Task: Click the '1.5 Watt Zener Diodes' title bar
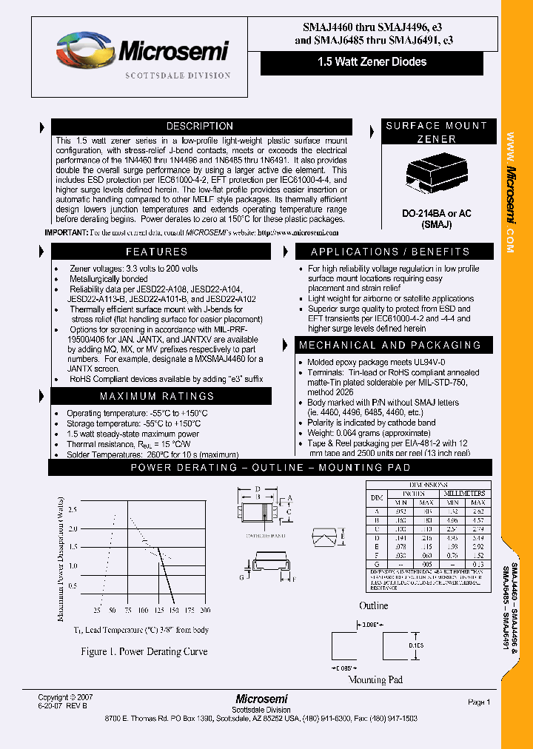point(376,62)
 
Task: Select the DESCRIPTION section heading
point(199,127)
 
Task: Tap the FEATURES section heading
point(156,252)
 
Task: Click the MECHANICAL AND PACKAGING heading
point(389,345)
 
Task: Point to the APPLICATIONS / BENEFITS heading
point(389,252)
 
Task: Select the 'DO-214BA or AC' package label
point(436,213)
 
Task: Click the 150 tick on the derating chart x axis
point(173,611)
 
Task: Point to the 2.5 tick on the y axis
point(72,510)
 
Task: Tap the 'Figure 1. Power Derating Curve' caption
point(144,652)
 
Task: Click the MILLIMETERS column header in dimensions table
point(464,493)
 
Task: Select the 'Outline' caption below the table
point(373,606)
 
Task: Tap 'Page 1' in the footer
point(479,702)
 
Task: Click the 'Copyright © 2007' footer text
point(66,697)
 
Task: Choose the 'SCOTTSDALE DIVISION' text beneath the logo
point(178,75)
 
